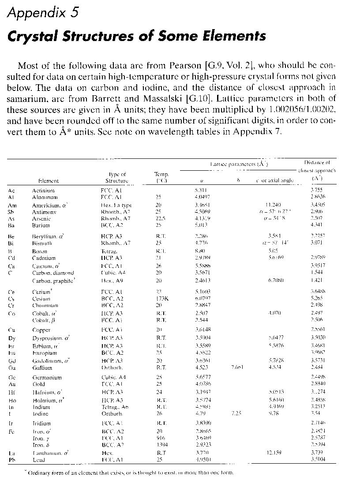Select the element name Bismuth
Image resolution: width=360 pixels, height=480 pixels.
(x=42, y=243)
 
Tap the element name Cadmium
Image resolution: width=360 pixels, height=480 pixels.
(x=43, y=258)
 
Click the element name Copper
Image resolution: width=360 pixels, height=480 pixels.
(x=41, y=330)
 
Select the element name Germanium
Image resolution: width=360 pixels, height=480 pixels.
(x=47, y=378)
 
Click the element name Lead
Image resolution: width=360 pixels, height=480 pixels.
(x=39, y=459)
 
